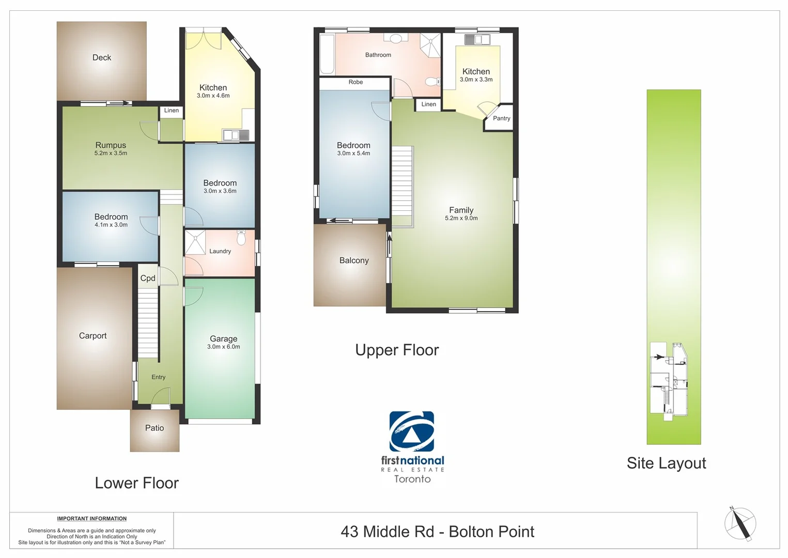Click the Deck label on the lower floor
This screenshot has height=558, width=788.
[102, 57]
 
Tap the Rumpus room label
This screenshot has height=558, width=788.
[111, 145]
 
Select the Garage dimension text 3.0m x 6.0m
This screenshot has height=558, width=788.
[223, 347]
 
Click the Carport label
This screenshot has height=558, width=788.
[92, 335]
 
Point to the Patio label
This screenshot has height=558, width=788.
[154, 428]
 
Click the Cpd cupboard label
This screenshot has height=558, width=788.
[148, 278]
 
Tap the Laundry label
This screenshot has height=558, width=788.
[220, 251]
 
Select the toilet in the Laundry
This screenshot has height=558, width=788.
[241, 238]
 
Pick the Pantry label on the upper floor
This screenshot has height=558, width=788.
[501, 118]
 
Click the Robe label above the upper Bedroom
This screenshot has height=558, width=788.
[356, 82]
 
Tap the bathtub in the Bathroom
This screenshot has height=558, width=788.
[327, 54]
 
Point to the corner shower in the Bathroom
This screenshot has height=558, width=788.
[430, 44]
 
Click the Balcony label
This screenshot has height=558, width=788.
[354, 260]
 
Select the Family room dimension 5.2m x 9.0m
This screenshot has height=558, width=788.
[461, 218]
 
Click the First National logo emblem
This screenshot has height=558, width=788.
[412, 431]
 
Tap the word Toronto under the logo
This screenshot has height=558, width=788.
[412, 479]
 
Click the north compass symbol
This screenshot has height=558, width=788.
[740, 523]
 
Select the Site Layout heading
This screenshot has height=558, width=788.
[666, 463]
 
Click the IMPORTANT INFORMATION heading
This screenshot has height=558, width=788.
[91, 518]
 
